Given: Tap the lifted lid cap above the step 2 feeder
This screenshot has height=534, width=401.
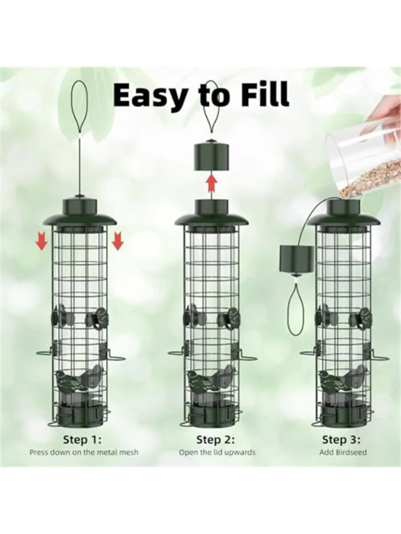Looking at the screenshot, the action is (211, 156).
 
